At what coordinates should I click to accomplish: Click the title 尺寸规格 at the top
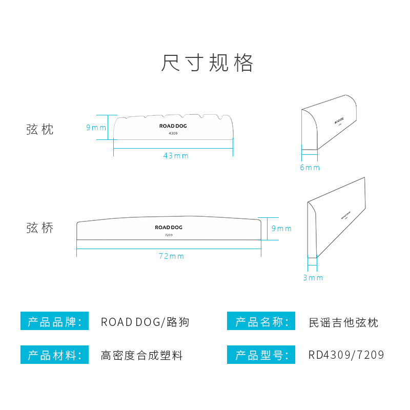point(207,63)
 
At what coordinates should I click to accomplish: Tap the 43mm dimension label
point(176,156)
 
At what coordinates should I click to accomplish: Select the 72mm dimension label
point(171,256)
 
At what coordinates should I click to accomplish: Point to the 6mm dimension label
point(310,168)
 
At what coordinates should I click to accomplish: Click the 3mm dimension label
point(313,278)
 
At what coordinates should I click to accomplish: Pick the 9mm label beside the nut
point(96,128)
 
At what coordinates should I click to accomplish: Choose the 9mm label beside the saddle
point(281,229)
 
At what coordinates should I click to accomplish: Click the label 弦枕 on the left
point(40,129)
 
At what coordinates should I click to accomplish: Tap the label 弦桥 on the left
point(40,228)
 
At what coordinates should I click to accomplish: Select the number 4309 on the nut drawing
point(173,133)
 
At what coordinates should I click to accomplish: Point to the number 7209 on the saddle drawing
point(169,235)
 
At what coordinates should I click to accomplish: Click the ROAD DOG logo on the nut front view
point(173,125)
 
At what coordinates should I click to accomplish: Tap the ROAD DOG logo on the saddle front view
point(169,227)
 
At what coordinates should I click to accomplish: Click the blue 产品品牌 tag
point(54,322)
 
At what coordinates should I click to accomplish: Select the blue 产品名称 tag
point(261,322)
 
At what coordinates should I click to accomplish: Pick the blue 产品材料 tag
point(54,355)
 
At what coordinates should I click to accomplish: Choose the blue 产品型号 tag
point(261,355)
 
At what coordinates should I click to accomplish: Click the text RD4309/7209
point(346,355)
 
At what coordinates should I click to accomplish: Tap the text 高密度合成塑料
point(142,355)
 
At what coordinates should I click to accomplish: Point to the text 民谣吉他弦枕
point(343,322)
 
